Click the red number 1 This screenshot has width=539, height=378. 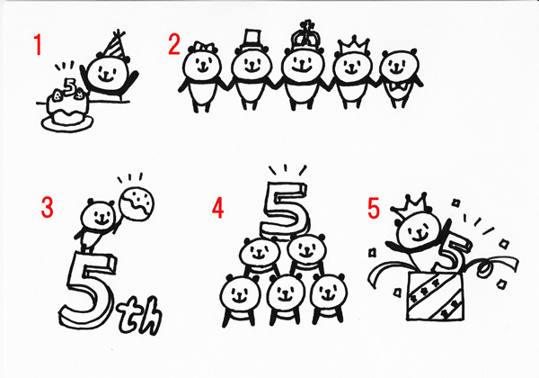click(38, 45)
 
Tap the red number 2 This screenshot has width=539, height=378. click(174, 44)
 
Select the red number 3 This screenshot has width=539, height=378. click(47, 207)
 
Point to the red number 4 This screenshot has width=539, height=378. click(217, 208)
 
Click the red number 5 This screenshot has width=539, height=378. click(374, 208)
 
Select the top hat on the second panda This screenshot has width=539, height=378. click(252, 40)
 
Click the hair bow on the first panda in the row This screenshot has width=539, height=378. click(204, 47)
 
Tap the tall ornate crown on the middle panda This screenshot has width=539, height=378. click(304, 35)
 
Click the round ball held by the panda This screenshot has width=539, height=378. click(137, 203)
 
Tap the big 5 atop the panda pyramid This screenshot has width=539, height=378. click(285, 211)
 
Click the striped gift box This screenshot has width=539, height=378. click(436, 295)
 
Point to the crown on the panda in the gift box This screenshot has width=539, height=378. click(411, 206)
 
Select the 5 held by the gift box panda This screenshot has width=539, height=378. click(452, 252)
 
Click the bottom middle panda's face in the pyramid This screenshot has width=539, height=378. click(285, 294)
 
